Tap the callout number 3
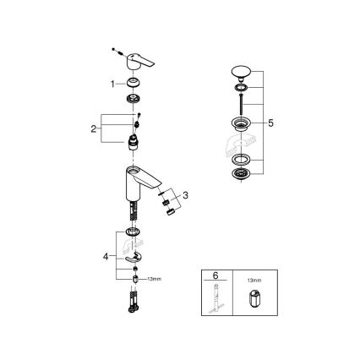pos(186,194)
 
